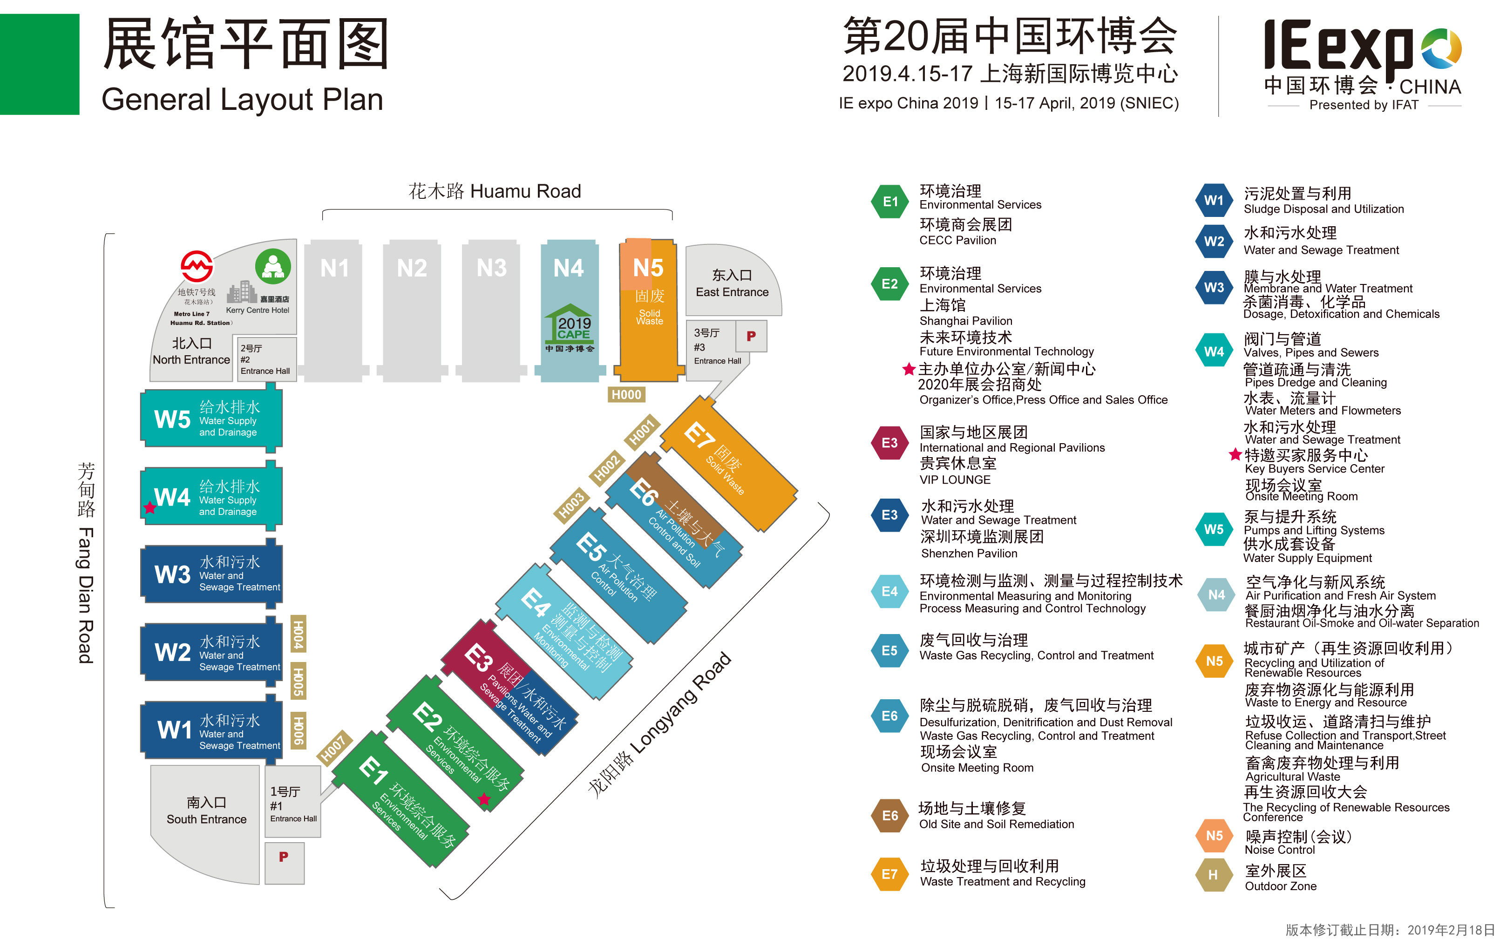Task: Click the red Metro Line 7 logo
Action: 197,267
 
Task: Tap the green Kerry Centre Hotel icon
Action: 273,266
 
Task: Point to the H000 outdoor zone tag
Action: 626,394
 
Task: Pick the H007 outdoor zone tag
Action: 333,748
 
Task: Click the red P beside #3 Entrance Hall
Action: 751,336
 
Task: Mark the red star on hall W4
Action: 149,507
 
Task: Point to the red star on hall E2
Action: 484,799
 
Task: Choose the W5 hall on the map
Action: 211,419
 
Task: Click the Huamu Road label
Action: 495,191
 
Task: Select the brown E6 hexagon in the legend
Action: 889,816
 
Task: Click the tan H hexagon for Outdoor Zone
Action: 1213,874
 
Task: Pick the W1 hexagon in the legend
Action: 1213,201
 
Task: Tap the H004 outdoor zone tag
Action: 298,634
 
